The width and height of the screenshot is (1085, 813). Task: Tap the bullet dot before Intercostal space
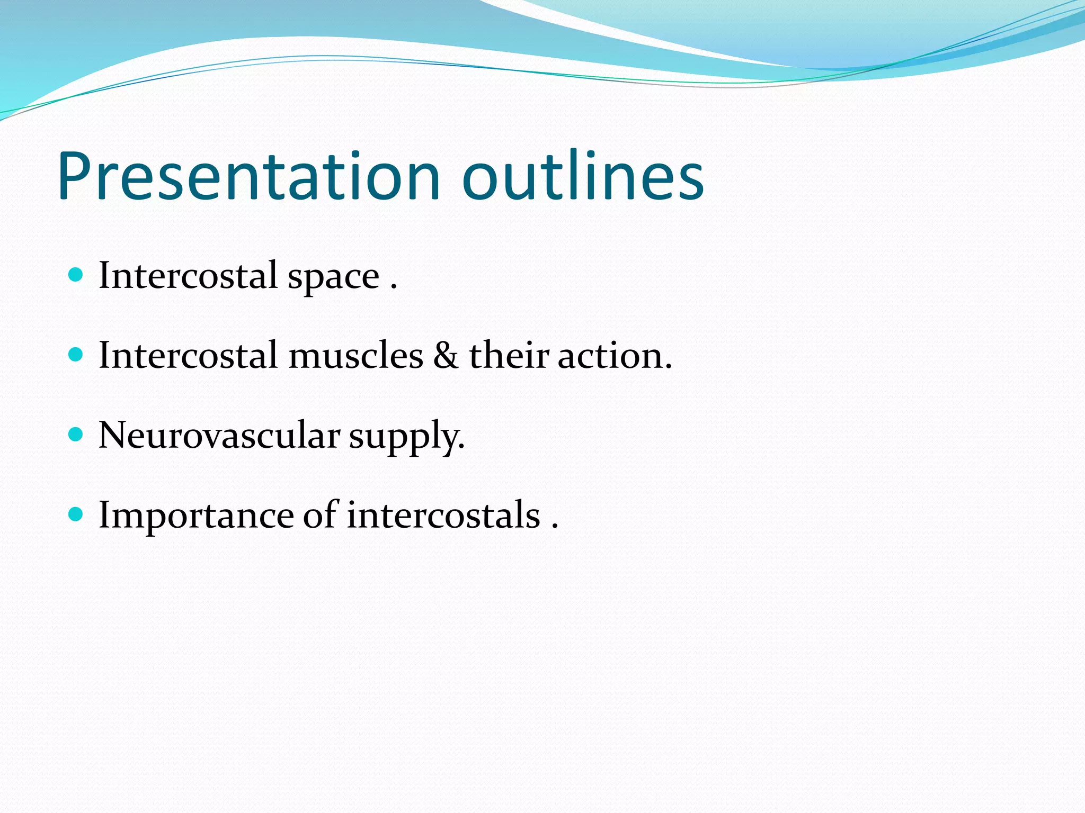[x=76, y=274]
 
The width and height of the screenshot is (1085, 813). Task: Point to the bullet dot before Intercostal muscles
[x=76, y=354]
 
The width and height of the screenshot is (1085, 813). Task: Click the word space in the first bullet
[x=333, y=277]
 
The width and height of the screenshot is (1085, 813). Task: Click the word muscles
[x=355, y=355]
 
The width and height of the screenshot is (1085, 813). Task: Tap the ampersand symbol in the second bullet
[x=446, y=355]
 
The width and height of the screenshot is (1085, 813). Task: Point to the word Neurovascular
[x=219, y=435]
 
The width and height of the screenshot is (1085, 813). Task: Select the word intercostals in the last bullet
[x=443, y=515]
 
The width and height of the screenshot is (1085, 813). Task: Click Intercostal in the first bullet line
[x=188, y=275]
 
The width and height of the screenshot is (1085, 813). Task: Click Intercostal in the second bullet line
[x=188, y=355]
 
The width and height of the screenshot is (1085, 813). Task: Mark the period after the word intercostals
[x=555, y=527]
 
